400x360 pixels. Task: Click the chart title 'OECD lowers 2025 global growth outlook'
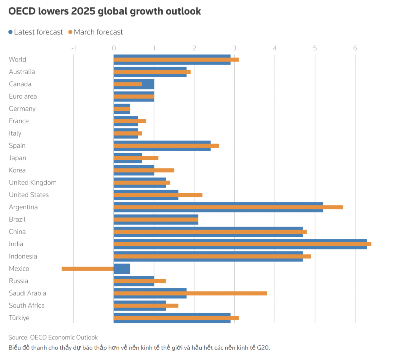(105, 11)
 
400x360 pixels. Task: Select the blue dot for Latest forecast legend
(10, 32)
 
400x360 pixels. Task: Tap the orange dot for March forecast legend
(70, 32)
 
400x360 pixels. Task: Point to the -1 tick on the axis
(73, 48)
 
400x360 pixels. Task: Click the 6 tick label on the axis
(355, 48)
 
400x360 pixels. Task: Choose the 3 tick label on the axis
(234, 48)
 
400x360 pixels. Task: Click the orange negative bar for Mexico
(87, 269)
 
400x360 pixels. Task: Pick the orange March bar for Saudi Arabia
(190, 293)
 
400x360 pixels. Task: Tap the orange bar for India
(242, 244)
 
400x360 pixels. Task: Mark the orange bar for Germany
(122, 109)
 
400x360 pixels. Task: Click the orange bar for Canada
(128, 84)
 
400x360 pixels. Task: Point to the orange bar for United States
(158, 195)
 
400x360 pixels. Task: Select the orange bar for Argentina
(228, 207)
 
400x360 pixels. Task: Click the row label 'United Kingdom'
(33, 182)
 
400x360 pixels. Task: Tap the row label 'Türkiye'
(19, 318)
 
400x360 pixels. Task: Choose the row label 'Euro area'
(23, 96)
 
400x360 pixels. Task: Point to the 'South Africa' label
(27, 305)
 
